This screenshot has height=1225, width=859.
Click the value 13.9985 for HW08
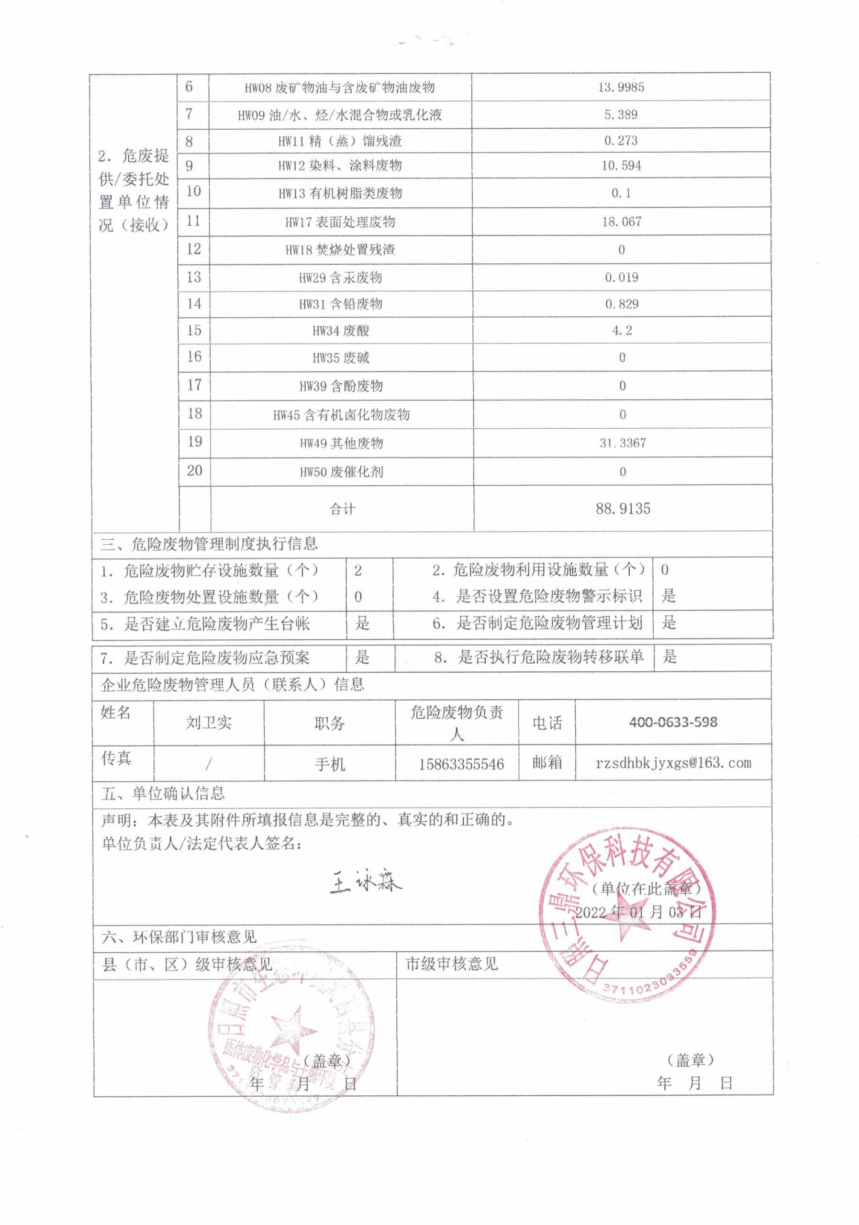point(621,88)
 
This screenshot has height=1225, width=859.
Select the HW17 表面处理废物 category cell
point(340,223)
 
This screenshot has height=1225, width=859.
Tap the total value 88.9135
point(623,509)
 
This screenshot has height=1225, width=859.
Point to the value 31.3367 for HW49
point(623,443)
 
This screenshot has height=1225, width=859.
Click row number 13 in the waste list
point(194,277)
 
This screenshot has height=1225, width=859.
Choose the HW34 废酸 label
point(340,331)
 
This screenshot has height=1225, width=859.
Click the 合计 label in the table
point(342,509)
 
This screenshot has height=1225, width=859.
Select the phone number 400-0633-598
point(673,723)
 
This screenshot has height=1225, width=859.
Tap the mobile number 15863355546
point(461,764)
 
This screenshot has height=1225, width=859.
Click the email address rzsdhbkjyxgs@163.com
point(673,763)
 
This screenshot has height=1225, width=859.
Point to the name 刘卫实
point(209,723)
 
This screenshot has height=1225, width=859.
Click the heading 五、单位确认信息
point(163,793)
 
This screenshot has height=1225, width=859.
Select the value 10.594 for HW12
point(621,166)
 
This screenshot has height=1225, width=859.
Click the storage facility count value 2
point(358,570)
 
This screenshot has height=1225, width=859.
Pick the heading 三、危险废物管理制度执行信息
point(209,544)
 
